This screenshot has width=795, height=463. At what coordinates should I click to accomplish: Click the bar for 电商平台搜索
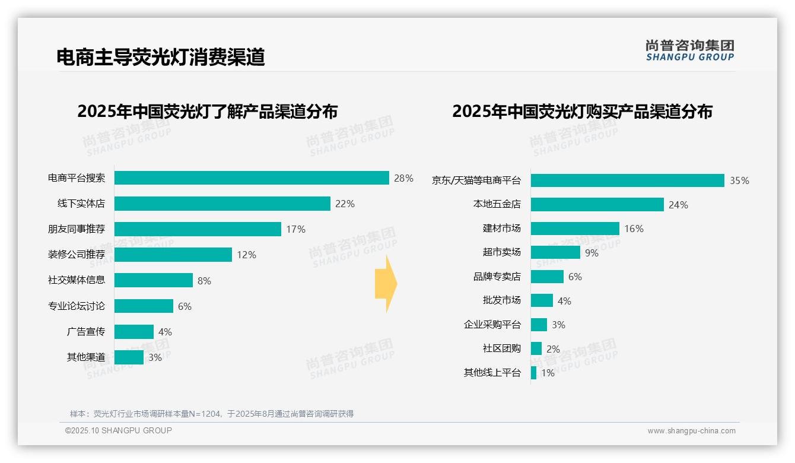pos(252,178)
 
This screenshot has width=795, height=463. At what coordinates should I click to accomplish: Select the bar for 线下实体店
pos(222,204)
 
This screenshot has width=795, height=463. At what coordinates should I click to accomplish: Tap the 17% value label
pos(295,229)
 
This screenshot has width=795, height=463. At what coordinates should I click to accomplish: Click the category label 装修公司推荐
pos(77,255)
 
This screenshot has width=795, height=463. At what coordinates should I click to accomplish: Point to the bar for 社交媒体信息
pos(153,280)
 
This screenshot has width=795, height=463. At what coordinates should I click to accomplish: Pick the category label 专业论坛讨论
pos(77,306)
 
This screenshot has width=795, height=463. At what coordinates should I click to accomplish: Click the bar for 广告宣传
pos(133,332)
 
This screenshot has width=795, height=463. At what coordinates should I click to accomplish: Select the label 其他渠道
pos(86,357)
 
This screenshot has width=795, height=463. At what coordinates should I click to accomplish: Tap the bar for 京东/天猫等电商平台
pos(627,180)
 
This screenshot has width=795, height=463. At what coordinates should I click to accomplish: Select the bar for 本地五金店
pos(597,205)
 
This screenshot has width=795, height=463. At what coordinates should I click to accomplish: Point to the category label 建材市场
pos(501,229)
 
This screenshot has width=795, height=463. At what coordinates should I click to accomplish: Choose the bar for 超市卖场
pos(555,252)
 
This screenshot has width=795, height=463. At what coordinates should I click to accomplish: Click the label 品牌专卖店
pos(497,277)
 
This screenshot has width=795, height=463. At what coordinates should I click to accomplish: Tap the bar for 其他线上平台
pos(533,373)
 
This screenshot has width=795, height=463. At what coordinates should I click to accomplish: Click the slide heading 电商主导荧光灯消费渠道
pos(160,57)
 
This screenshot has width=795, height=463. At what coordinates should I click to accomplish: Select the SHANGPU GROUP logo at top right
pos(689,50)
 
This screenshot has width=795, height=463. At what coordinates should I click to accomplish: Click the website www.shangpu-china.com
pos(691,431)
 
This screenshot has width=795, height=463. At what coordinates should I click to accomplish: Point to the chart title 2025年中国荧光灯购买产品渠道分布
pos(582,112)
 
